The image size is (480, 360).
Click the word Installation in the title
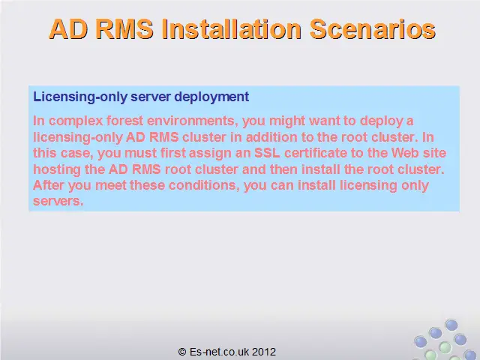coord(232,29)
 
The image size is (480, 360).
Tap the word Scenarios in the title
coord(373,29)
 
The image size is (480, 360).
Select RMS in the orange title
coord(124,29)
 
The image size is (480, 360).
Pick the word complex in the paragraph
coord(76,121)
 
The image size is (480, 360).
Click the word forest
coord(124,121)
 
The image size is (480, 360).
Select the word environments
coord(193,121)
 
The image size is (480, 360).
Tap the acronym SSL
coord(267,153)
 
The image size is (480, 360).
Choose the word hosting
coord(57,169)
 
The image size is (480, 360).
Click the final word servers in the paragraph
coord(58,202)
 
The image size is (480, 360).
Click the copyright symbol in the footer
coord(182,352)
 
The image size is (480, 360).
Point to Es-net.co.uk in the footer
coord(219,352)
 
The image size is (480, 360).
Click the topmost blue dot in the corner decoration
coord(451,325)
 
